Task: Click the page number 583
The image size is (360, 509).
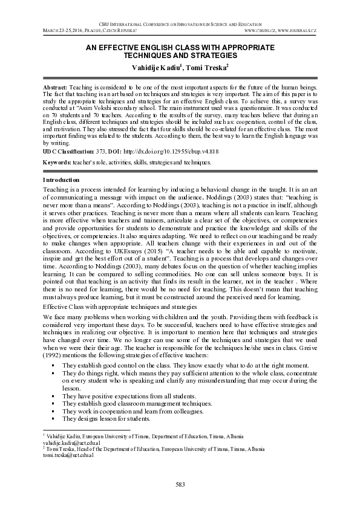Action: (x=180, y=484)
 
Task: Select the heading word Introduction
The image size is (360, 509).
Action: (x=61, y=180)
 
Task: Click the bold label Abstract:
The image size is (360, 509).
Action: (x=56, y=88)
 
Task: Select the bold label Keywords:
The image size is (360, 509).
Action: (x=57, y=163)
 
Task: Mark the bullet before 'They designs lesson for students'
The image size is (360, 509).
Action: (x=54, y=418)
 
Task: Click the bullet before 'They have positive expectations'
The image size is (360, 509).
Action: (x=54, y=395)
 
